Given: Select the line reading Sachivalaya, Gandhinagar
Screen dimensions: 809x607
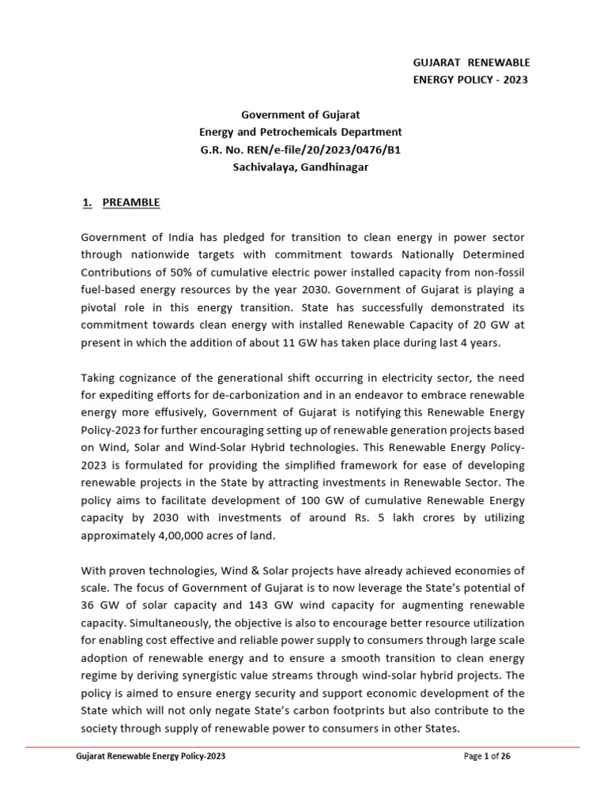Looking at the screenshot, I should [x=300, y=167].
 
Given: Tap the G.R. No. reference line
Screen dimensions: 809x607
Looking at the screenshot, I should [x=300, y=149].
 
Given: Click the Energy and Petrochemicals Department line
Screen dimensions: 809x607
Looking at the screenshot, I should [x=300, y=132].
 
